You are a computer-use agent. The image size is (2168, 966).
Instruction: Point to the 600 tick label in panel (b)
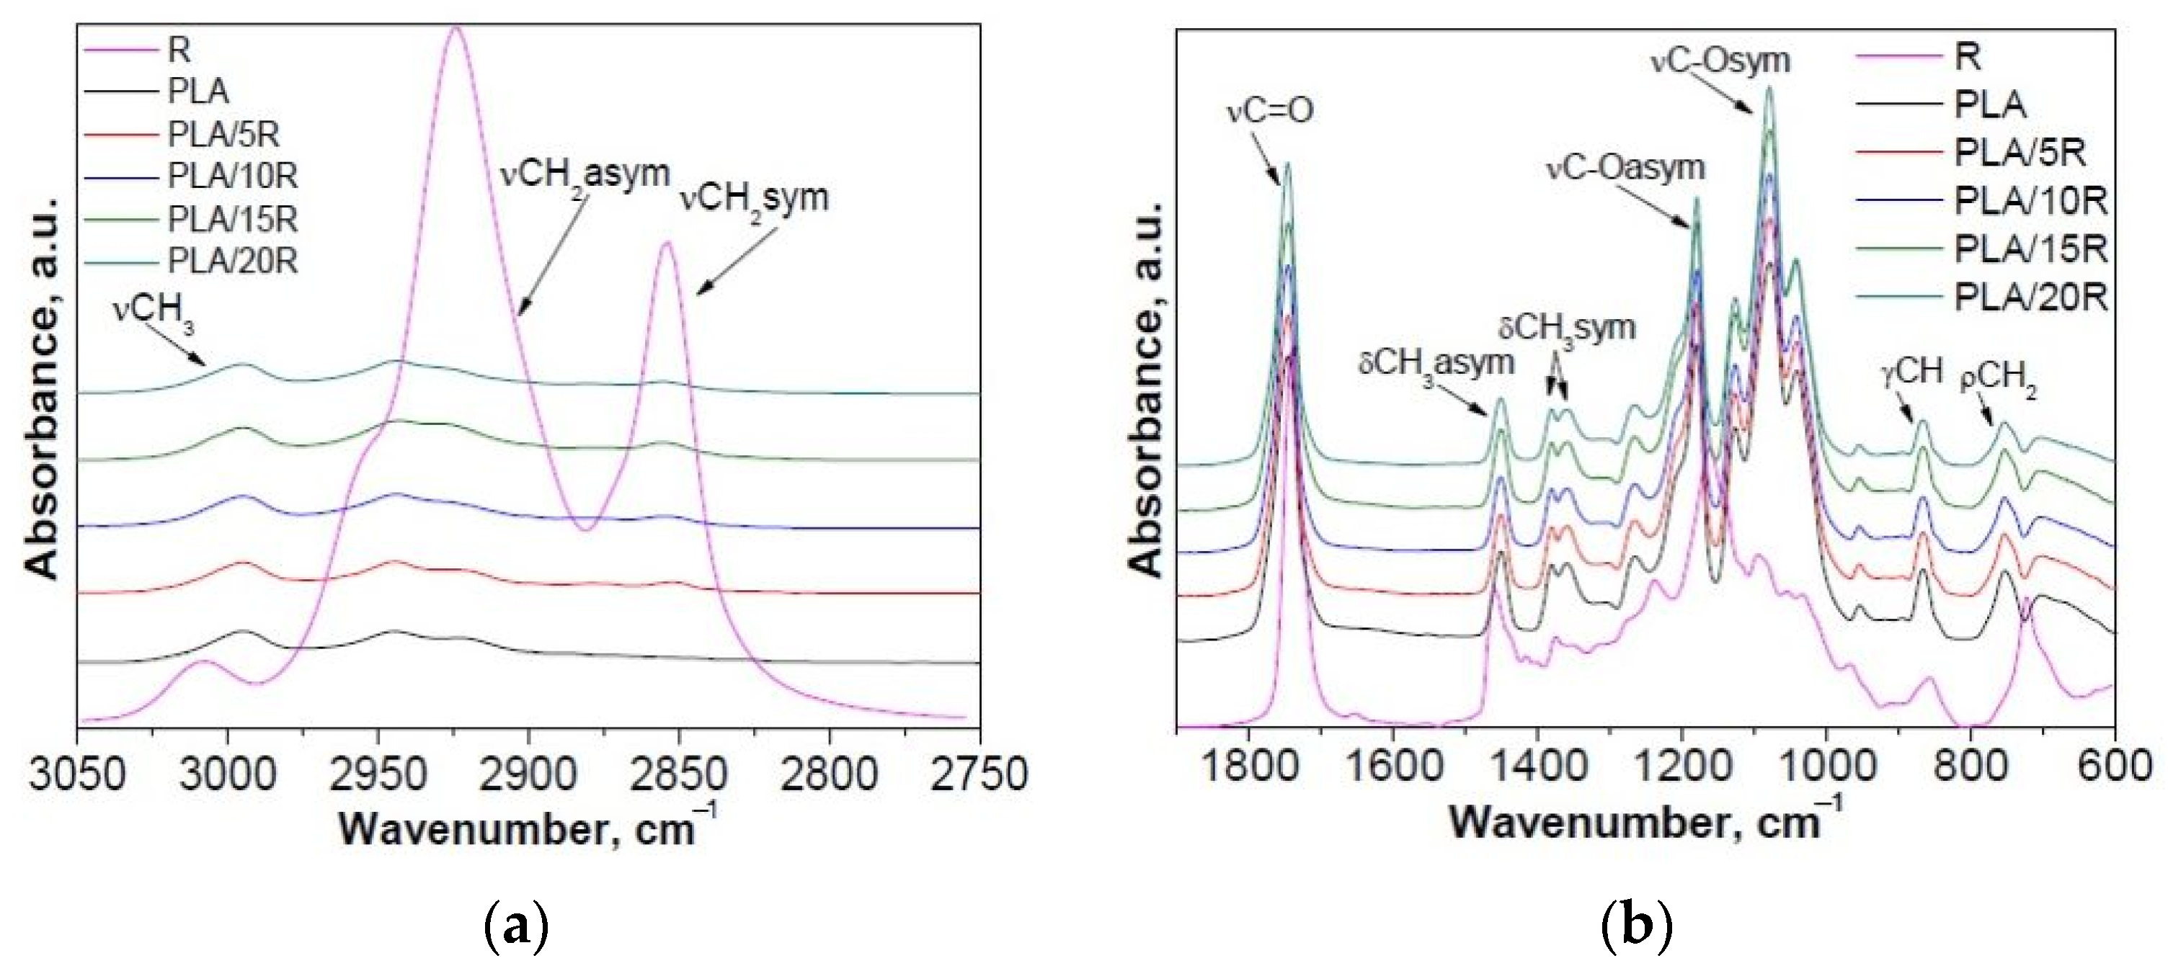(2114, 767)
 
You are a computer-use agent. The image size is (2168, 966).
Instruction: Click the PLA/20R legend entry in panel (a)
(233, 261)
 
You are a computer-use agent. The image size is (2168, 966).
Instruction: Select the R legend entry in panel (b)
(1968, 56)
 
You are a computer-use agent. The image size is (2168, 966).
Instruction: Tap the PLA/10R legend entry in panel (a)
(233, 176)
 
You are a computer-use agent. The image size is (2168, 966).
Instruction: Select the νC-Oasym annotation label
(1625, 167)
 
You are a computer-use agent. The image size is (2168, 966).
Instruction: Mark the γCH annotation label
(1911, 370)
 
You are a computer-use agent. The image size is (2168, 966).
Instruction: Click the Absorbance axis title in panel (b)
(1146, 389)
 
